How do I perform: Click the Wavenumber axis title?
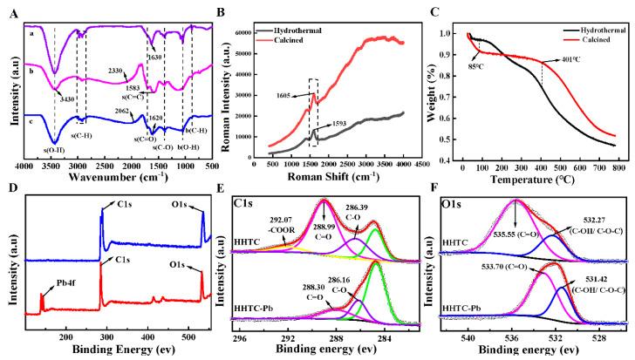pyautogui.click(x=120, y=174)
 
